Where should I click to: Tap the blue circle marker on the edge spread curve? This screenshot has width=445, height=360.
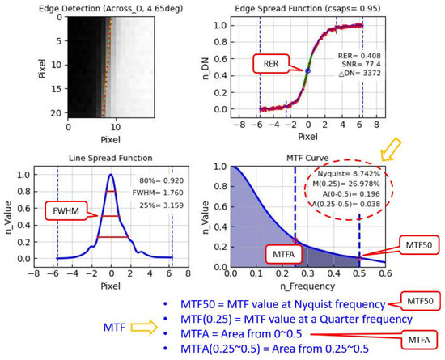click(x=308, y=72)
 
